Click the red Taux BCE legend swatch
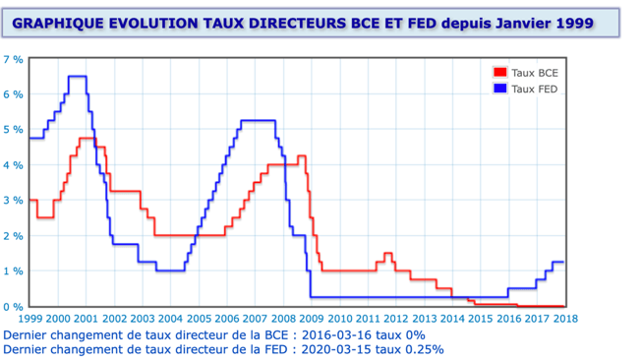(x=500, y=73)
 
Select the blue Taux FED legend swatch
(x=500, y=89)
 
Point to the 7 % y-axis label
(x=13, y=60)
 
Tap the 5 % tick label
(x=13, y=130)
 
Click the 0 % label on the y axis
(x=13, y=307)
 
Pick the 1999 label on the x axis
(x=30, y=319)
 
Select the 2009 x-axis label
(x=312, y=319)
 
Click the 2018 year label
(x=565, y=319)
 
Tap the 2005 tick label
(x=200, y=319)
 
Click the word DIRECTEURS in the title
(x=298, y=23)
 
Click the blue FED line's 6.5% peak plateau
(x=78, y=76)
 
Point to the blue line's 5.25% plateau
(x=258, y=120)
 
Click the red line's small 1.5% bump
(x=388, y=253)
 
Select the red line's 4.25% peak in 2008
(x=302, y=155)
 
